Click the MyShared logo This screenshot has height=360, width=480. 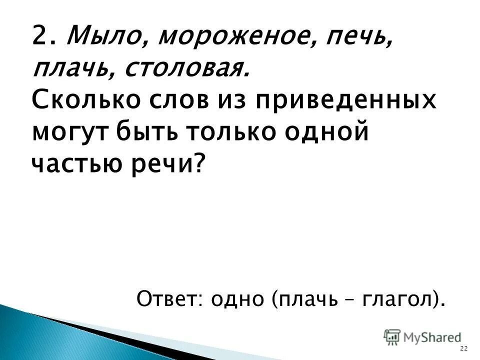tap(422, 336)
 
